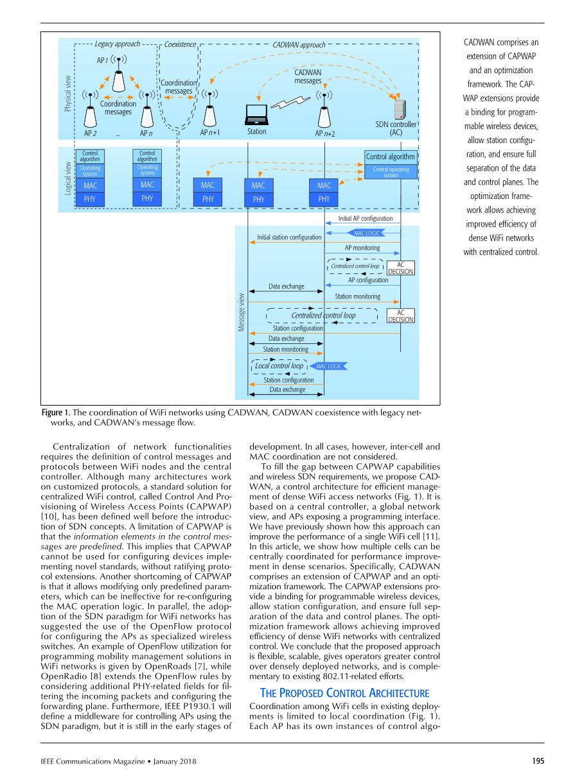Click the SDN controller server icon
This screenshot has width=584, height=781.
click(x=398, y=109)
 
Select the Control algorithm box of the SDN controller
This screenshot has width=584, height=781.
click(x=391, y=157)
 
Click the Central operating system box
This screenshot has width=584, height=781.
click(x=391, y=172)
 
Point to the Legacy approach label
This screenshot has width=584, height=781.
click(x=117, y=44)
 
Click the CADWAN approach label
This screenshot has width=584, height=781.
click(x=299, y=45)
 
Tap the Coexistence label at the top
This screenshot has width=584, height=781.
click(x=180, y=45)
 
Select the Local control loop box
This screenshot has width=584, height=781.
click(x=279, y=366)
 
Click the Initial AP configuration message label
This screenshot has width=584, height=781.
click(x=365, y=219)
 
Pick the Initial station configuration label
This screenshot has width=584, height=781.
click(x=289, y=237)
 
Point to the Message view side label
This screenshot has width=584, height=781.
click(x=242, y=313)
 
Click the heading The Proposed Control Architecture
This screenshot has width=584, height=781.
click(x=344, y=693)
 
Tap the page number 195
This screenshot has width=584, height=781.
click(x=538, y=761)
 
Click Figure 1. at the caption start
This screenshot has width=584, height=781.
click(x=56, y=413)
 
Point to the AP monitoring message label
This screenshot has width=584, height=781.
click(x=362, y=248)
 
